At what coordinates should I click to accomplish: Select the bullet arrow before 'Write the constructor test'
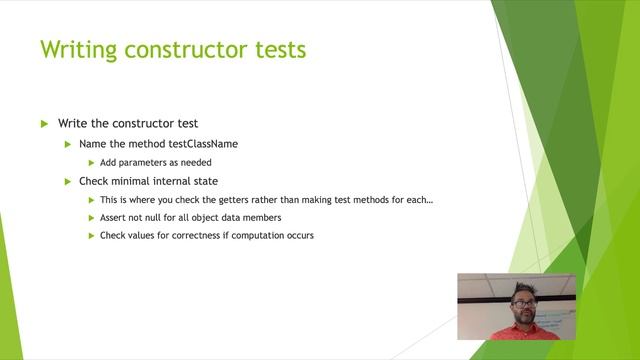coord(44,124)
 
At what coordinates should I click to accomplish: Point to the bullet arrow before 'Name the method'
coord(69,144)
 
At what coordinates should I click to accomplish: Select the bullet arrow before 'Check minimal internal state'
coord(69,181)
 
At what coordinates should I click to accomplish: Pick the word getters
coord(235,200)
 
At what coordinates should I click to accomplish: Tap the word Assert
coord(113,218)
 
